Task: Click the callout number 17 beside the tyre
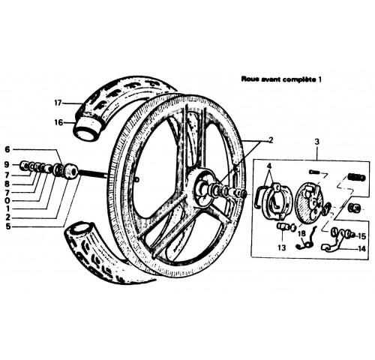click(58, 103)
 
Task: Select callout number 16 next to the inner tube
click(58, 122)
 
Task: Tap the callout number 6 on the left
click(7, 149)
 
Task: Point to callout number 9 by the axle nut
click(7, 164)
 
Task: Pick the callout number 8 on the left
click(7, 184)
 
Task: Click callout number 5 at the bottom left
click(7, 226)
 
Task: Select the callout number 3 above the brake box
click(316, 142)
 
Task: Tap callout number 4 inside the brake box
click(269, 166)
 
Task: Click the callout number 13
click(281, 247)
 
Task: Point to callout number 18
click(301, 234)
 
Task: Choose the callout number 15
click(361, 236)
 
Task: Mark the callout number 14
click(361, 249)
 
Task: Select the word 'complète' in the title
click(301, 79)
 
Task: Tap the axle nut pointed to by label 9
click(24, 165)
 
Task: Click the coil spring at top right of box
click(357, 177)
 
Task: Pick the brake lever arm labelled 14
click(332, 244)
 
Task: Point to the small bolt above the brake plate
click(314, 172)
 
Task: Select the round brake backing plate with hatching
click(309, 202)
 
